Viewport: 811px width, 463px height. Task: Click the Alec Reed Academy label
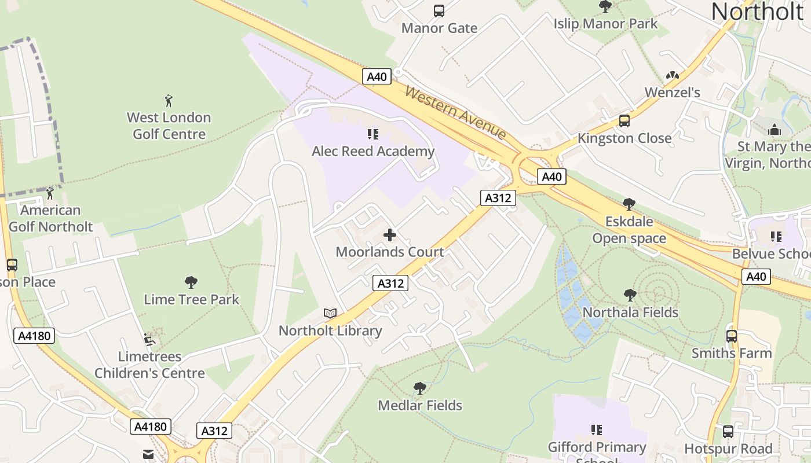click(x=373, y=151)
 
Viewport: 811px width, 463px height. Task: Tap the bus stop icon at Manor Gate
click(x=439, y=11)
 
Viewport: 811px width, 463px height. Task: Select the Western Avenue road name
click(x=456, y=112)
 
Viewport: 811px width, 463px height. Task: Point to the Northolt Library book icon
click(x=330, y=314)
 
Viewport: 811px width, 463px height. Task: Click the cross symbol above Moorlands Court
click(x=390, y=235)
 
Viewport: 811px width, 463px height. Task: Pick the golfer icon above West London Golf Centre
click(x=169, y=101)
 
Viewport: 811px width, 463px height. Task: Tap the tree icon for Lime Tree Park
click(x=191, y=282)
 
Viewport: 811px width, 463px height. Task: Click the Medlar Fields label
click(x=420, y=405)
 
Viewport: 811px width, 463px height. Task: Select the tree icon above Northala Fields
click(x=630, y=295)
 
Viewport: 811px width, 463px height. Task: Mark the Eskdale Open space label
click(x=629, y=230)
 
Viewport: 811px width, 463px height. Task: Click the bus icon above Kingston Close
click(x=624, y=121)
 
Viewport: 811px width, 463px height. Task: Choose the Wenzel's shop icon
click(x=672, y=75)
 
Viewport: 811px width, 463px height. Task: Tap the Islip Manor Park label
click(x=605, y=24)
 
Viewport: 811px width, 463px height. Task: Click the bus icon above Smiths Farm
click(x=732, y=336)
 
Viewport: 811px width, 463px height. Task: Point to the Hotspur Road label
click(x=728, y=449)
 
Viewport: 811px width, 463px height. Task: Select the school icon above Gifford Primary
click(x=597, y=430)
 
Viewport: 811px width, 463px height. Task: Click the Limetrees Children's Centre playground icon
click(x=149, y=340)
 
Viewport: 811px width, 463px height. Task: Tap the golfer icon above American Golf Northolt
click(x=50, y=193)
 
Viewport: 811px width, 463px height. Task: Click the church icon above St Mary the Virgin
click(x=775, y=130)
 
